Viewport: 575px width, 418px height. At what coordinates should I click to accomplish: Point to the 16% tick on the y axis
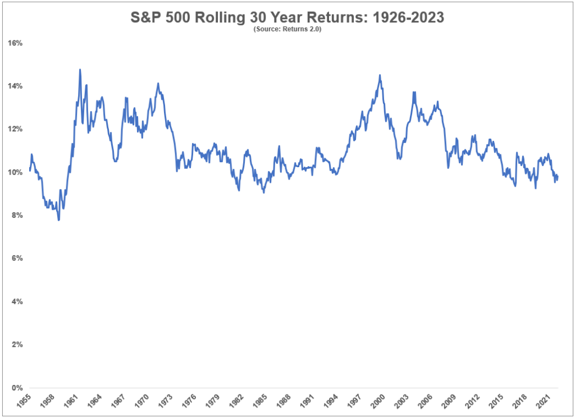pos(15,43)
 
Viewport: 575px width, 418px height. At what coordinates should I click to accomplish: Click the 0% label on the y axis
pos(16,388)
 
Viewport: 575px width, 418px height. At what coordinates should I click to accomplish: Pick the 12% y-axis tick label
pos(15,129)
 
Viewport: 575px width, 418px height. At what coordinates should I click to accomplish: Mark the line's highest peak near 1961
pos(80,70)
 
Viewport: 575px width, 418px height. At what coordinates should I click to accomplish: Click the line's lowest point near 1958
pos(59,220)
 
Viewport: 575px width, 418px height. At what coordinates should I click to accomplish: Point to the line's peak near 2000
pos(380,75)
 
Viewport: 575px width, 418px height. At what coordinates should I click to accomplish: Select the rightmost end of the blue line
pos(558,176)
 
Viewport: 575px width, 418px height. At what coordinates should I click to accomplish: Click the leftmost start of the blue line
pos(29,170)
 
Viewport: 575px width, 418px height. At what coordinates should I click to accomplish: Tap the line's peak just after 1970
pos(158,84)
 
